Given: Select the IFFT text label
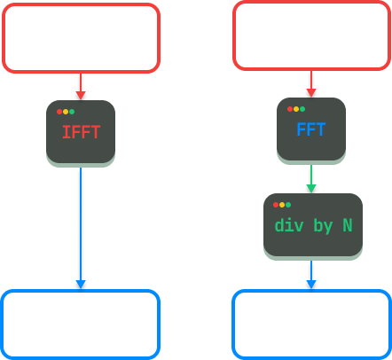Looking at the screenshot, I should (x=81, y=134).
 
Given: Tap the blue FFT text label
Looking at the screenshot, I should (x=311, y=130).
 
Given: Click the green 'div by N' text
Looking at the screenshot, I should (x=313, y=225).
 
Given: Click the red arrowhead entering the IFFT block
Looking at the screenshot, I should (x=81, y=94).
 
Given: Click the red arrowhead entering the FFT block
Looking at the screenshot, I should (x=311, y=91).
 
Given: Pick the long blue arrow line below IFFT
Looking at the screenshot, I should (x=81, y=222).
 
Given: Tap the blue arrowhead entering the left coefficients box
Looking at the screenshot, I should (x=81, y=284).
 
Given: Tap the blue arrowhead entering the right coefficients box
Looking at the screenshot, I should (x=311, y=284).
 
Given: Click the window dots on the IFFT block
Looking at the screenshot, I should (x=65, y=112).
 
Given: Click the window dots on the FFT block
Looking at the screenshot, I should (x=295, y=109).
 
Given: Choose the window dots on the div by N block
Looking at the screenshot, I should (x=282, y=204).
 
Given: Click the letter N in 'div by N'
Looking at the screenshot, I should (x=347, y=225).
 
